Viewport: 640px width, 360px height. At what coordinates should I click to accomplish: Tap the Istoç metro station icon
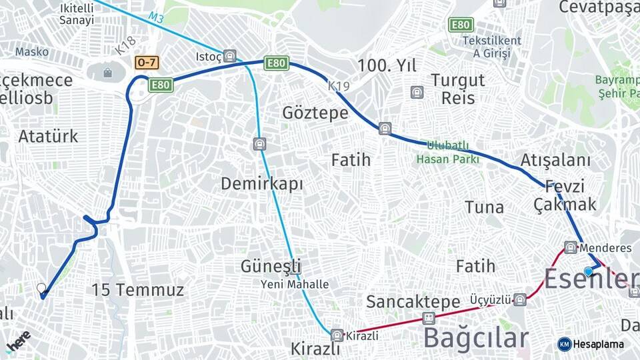click(230, 55)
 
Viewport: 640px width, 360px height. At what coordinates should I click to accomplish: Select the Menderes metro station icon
click(570, 247)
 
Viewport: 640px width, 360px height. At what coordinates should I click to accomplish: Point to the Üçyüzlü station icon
click(520, 299)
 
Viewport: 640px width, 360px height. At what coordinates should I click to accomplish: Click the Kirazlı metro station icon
click(337, 335)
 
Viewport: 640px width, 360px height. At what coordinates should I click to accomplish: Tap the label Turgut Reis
click(457, 89)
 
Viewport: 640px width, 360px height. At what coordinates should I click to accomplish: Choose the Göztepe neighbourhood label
click(315, 113)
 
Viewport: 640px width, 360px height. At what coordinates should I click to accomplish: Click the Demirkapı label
click(262, 183)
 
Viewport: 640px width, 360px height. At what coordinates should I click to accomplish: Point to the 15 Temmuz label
click(137, 290)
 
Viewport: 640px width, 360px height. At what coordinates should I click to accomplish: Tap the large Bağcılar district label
click(475, 338)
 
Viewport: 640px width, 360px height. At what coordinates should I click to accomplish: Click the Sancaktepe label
click(413, 301)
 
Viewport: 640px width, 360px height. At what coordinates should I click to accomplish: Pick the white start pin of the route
click(41, 289)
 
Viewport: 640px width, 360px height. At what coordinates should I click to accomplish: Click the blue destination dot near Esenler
click(589, 271)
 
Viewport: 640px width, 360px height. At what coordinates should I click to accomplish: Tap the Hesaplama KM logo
click(591, 344)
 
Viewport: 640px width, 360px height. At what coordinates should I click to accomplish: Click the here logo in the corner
click(18, 340)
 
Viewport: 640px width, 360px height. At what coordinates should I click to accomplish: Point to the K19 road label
click(339, 86)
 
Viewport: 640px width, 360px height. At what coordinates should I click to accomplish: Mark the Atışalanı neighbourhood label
click(555, 160)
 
